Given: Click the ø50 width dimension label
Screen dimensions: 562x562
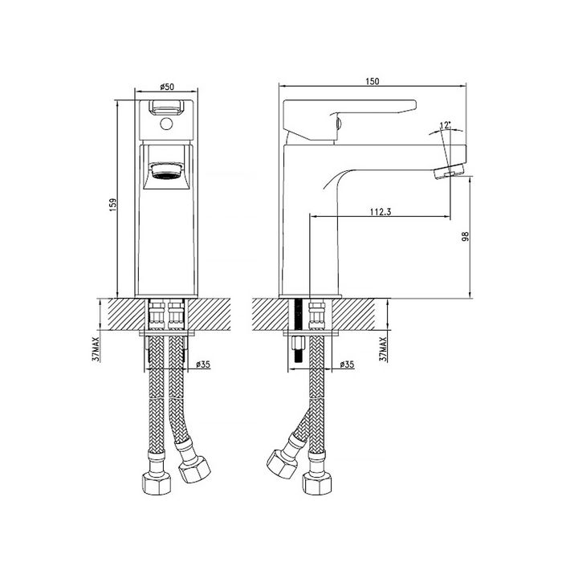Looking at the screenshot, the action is coord(167,87).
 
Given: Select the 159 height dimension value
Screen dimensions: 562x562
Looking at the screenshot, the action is coord(113,205).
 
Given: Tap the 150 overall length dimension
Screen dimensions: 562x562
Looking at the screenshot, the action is coord(373,81).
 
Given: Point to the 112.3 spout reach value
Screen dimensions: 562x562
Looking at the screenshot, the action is coord(381,212).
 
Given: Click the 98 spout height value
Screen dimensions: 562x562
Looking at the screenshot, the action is coord(465,237).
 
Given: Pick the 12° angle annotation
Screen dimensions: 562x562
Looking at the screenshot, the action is coord(445,125).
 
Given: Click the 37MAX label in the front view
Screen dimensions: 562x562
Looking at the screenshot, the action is coord(96,348).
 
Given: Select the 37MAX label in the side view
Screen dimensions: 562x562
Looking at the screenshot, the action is coord(383,348).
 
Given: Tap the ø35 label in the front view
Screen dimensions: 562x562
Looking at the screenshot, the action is coord(203,364).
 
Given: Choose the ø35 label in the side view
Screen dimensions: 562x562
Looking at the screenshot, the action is coord(347,364).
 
